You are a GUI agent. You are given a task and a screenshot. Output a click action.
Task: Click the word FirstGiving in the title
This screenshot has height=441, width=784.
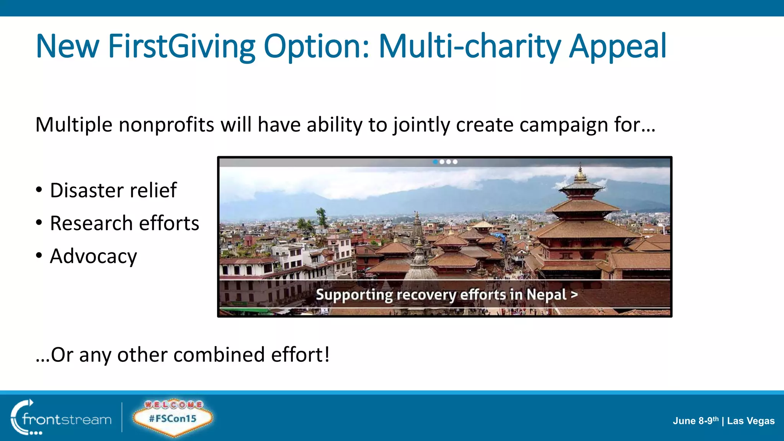181,47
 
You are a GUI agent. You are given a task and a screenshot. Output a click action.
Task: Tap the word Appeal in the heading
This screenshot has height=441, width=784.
617,47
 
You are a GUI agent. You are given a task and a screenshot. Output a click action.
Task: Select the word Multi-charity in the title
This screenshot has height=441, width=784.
469,47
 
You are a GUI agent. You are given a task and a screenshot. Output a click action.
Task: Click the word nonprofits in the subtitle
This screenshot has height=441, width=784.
166,125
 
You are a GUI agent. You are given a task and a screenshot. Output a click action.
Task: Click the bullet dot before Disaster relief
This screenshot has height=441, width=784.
39,190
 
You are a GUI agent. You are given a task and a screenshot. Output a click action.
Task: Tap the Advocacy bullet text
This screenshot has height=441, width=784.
93,256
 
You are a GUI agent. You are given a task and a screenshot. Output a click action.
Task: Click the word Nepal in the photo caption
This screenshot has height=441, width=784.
546,295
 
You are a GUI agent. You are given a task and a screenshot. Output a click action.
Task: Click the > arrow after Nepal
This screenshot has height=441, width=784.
574,295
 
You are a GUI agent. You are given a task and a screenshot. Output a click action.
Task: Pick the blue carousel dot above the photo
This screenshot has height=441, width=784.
435,162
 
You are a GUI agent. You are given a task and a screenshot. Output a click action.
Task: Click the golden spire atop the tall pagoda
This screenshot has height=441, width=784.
580,173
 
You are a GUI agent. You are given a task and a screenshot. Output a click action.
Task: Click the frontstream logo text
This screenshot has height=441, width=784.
67,420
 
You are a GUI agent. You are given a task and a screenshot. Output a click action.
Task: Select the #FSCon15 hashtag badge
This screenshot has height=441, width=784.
173,419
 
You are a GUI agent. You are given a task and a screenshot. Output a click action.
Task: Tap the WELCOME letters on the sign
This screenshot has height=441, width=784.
173,405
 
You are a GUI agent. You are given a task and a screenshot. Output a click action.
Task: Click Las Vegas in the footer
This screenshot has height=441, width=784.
751,421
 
